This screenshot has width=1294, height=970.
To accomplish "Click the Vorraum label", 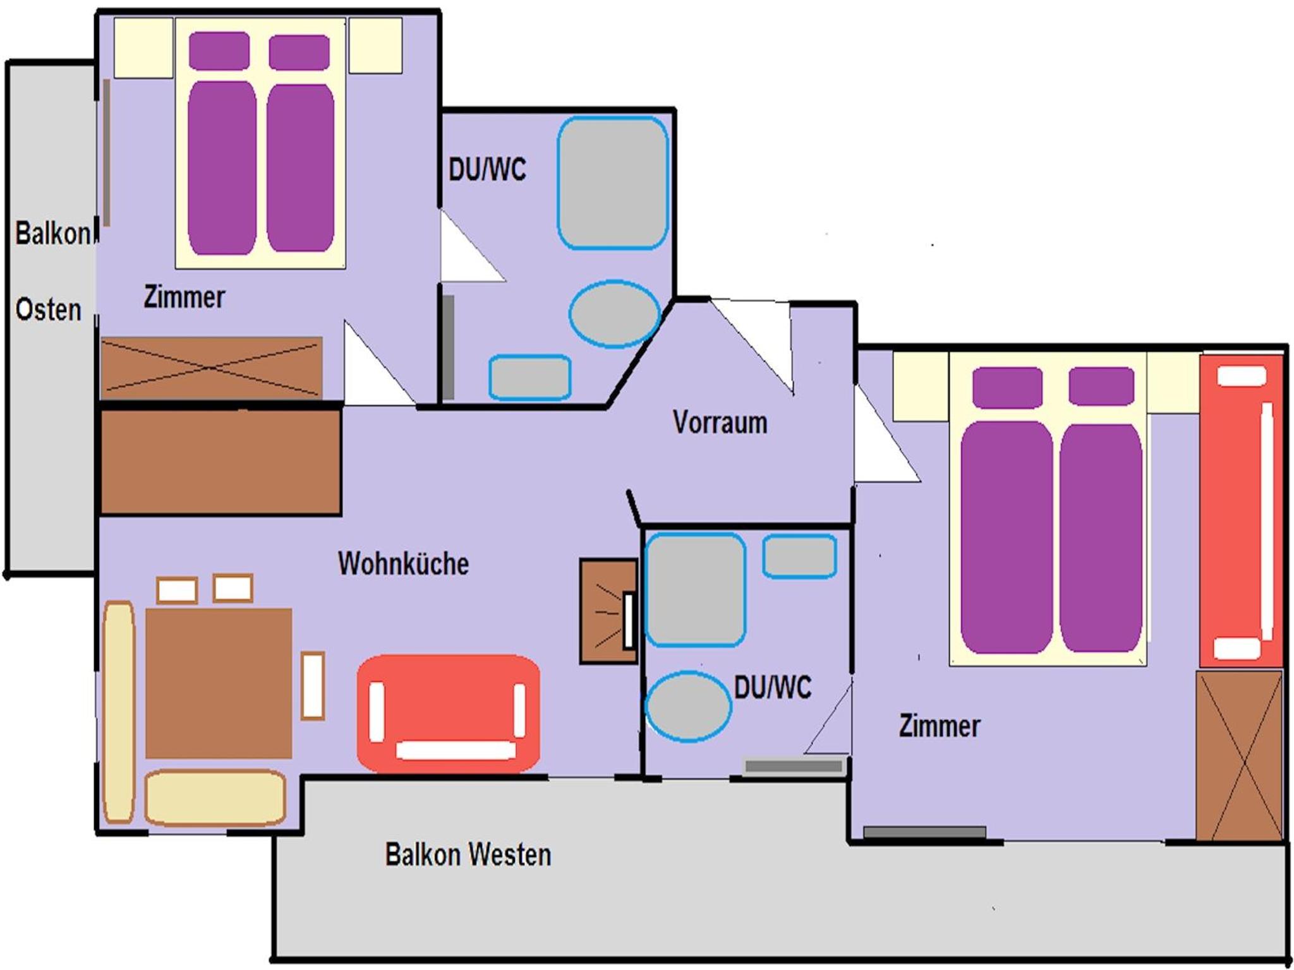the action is point(720,422).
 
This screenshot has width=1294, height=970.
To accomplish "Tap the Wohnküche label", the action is point(403,563).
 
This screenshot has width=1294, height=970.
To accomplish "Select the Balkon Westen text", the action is point(468,854).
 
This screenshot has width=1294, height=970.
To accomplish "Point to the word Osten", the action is point(49,309).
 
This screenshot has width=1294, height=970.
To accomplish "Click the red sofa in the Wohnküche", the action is point(448,713).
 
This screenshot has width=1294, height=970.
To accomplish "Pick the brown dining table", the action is point(219,683).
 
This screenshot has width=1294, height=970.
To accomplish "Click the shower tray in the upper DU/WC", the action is point(612,183).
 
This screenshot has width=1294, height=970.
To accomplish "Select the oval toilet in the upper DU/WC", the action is point(614,314).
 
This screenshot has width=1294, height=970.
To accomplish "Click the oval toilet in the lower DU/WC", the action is point(689,706).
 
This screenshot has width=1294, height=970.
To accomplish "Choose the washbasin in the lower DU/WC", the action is point(799,556).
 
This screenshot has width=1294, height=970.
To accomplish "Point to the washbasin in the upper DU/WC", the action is point(530,378).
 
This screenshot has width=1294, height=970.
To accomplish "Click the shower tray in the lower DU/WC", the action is point(695,590).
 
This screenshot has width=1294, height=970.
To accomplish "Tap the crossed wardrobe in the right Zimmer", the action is point(1239,755).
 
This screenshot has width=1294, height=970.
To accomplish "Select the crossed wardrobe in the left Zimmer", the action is point(212,368).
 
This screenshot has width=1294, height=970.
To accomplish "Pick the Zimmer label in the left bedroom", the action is point(184,297).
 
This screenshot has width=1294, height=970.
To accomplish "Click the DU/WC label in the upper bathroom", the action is point(487,169).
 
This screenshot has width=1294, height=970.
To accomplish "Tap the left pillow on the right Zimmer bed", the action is point(1007,387).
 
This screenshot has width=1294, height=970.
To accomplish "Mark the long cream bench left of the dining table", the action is point(119,712).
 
